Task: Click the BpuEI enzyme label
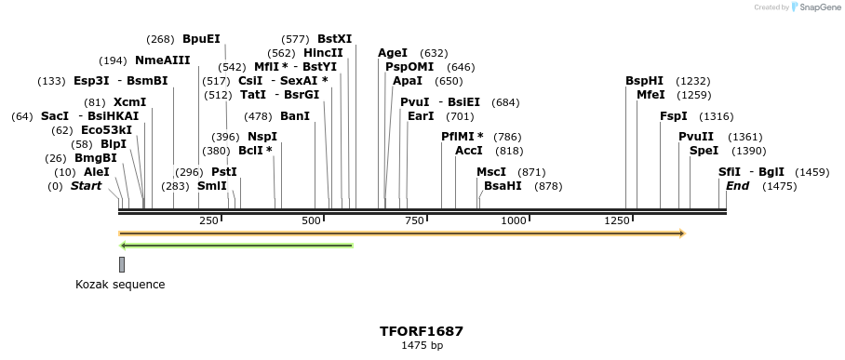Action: (201, 39)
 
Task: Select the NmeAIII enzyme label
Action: (162, 60)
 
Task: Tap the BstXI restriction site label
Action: (334, 39)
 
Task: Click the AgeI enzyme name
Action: (393, 53)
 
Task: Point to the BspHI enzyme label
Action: (644, 81)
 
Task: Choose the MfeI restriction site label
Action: (651, 95)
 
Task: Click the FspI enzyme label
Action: (673, 116)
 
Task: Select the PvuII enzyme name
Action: (696, 137)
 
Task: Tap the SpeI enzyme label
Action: (704, 151)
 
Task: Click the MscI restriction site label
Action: (491, 172)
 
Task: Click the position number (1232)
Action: (692, 81)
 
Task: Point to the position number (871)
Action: (531, 172)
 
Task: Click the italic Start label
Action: (86, 186)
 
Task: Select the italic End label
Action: (737, 186)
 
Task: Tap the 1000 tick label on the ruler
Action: (514, 220)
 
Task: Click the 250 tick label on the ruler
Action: (208, 220)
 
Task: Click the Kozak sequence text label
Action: (120, 285)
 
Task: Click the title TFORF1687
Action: (421, 331)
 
